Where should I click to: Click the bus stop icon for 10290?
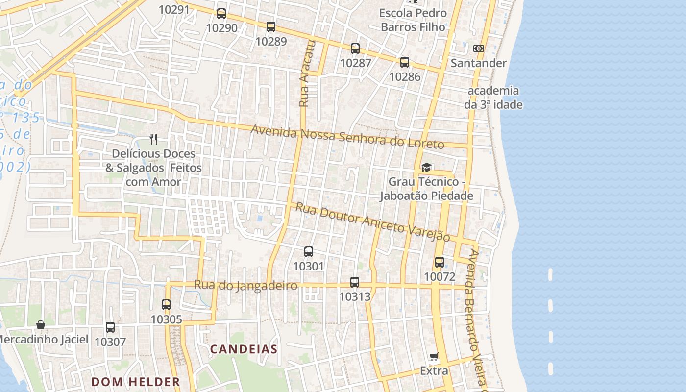[x=221, y=14]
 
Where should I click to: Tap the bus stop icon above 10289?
[x=271, y=27]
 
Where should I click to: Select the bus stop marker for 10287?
[x=355, y=49]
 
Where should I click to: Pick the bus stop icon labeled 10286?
[x=405, y=62]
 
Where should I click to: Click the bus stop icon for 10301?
[x=309, y=252]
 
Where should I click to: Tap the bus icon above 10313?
[x=355, y=282]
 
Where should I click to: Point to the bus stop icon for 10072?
[x=440, y=262]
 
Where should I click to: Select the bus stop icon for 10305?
[x=166, y=305]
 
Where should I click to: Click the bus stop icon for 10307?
[x=110, y=327]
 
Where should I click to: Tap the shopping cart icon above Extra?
[x=434, y=356]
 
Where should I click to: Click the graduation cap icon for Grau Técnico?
[x=426, y=168]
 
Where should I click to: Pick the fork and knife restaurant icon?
[x=154, y=139]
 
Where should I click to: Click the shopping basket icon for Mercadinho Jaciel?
[x=41, y=325]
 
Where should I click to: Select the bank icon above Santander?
[x=479, y=49]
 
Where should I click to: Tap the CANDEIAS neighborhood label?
[x=244, y=349]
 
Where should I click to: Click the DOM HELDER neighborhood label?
[x=136, y=382]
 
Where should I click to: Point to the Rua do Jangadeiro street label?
[x=245, y=285]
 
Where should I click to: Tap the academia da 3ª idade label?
[x=493, y=98]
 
